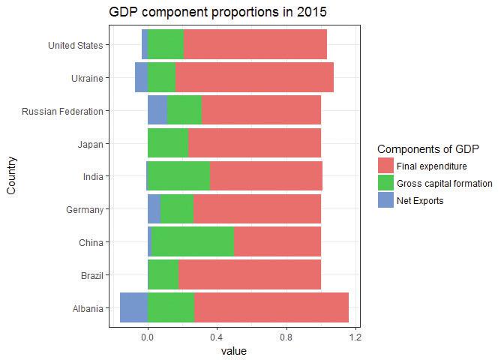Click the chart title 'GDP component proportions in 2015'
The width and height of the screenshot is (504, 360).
point(217,13)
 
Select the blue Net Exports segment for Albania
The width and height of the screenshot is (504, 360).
point(133,307)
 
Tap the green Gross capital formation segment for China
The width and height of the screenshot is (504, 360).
point(192,242)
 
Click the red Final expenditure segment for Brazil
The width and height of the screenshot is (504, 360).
point(250,274)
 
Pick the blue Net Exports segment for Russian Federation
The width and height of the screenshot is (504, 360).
point(157,111)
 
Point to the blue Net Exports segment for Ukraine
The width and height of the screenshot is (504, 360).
point(141,77)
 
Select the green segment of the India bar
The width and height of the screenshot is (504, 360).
point(178,176)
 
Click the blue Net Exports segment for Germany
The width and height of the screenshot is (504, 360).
point(154,209)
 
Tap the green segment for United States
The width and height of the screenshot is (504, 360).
point(166,44)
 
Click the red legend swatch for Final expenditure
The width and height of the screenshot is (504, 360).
point(385,166)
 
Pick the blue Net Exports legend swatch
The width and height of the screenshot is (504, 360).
point(385,200)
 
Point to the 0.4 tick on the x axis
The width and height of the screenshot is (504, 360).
point(217,337)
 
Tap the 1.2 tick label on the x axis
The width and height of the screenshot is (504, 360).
point(355,337)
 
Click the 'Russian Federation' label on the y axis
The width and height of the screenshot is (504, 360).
point(62,111)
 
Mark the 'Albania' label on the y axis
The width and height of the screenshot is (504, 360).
point(85,307)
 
